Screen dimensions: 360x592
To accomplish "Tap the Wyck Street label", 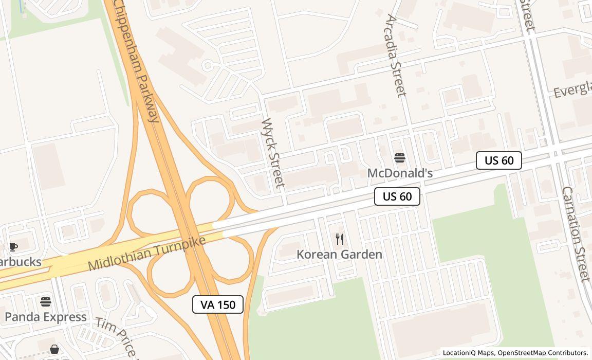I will tap(273, 153).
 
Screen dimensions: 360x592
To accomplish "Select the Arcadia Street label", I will tap(395, 56).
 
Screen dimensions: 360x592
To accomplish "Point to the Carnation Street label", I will tap(575, 233).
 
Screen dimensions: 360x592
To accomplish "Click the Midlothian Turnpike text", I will tap(147, 253).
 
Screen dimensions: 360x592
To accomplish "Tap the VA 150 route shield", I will tap(218, 304).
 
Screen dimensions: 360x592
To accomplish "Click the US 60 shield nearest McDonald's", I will tap(397, 196).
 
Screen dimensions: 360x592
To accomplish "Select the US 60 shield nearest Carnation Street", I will tap(498, 160).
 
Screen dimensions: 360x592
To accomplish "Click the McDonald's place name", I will tap(400, 173).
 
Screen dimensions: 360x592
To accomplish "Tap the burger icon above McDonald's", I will tap(400, 158).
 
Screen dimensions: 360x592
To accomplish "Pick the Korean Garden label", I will tap(339, 255).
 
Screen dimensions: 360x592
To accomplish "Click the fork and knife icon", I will tap(340, 239).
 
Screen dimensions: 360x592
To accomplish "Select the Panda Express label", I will tap(46, 317).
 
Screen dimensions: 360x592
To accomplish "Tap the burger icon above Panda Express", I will tap(46, 301).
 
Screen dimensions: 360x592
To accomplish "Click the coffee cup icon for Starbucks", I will tap(13, 247).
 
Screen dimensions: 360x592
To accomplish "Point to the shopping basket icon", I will tap(54, 350).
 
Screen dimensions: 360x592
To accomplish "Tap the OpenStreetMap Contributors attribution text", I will tap(543, 353).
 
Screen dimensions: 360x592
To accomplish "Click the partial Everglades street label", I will tap(572, 91).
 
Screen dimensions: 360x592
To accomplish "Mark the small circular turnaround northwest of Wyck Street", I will tap(208, 65).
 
